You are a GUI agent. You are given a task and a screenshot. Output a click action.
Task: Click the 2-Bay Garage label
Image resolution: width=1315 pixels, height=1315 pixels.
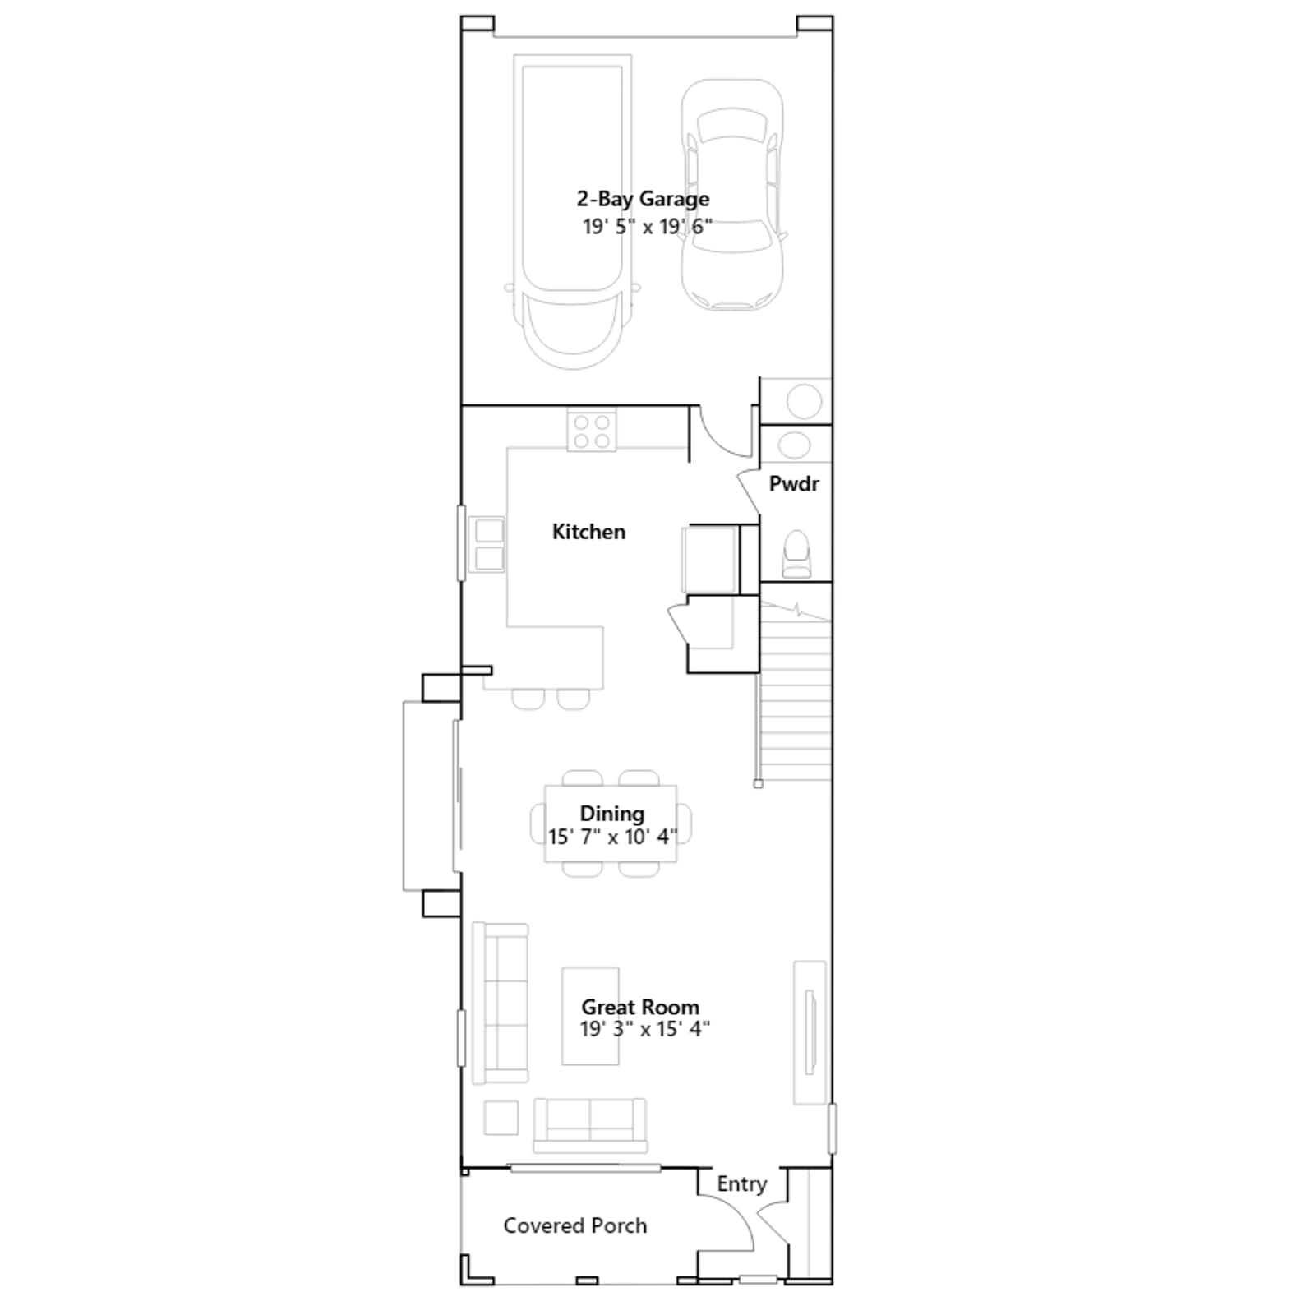(643, 200)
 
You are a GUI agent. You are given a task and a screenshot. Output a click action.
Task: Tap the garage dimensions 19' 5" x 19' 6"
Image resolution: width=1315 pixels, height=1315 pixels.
(648, 227)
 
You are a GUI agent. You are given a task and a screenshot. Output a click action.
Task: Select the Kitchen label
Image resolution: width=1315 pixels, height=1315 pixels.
(588, 532)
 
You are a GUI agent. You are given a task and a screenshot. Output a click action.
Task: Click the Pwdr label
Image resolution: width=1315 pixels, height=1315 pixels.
(794, 484)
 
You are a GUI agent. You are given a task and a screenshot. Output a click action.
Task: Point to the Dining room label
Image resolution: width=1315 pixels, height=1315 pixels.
(612, 814)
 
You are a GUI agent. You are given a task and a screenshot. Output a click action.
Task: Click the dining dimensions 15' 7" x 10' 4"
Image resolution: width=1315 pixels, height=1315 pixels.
(613, 837)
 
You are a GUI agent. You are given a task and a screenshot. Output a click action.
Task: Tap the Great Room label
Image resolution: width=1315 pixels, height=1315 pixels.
(640, 1007)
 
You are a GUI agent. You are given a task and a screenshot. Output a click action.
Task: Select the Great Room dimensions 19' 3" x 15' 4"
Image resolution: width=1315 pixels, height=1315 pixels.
(645, 1029)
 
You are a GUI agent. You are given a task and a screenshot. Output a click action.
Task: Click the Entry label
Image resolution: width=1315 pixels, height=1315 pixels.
(742, 1184)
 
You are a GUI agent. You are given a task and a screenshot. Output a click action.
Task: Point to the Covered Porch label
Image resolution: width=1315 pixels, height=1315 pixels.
(575, 1225)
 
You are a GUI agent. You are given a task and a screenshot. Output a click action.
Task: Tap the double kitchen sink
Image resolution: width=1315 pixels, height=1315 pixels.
(487, 544)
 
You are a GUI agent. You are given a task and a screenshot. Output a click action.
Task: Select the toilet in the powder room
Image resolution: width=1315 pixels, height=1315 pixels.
(796, 555)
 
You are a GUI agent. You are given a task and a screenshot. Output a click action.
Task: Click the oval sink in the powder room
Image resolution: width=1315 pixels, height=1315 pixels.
(794, 445)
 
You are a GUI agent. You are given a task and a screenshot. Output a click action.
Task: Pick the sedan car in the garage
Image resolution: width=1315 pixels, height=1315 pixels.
(731, 195)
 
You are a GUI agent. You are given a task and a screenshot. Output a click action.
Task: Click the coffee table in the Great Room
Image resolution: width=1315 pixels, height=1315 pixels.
(590, 1016)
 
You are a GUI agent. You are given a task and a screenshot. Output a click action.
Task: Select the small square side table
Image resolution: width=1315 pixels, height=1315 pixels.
(501, 1118)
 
